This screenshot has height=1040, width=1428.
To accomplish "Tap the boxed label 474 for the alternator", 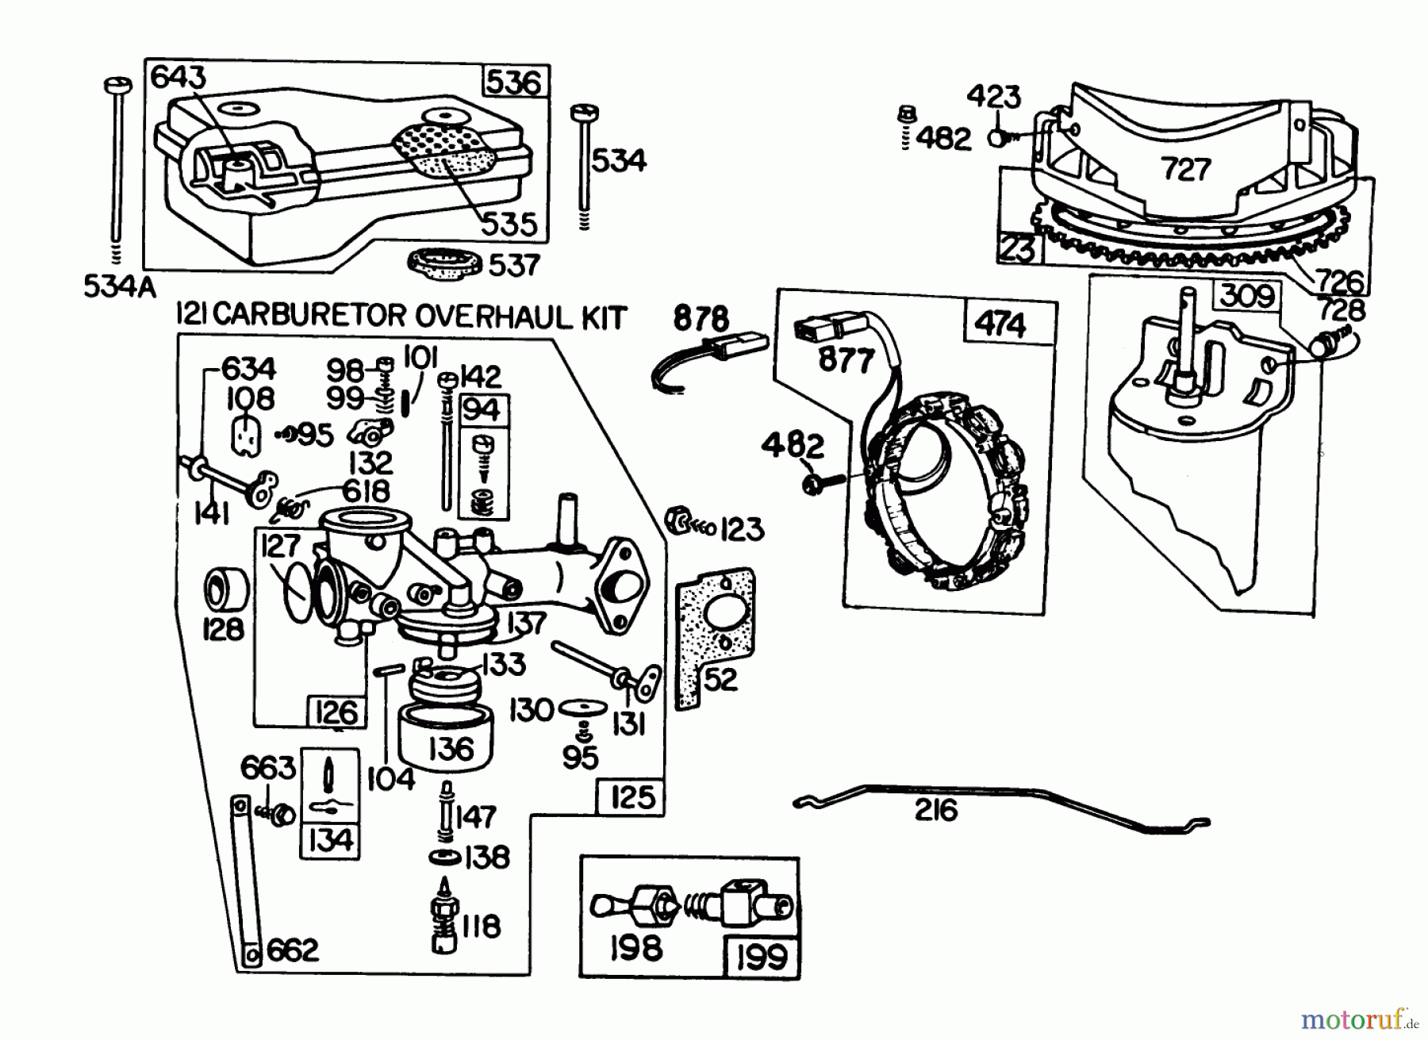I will tap(1000, 325).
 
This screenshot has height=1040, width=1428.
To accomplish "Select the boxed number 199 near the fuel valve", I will tap(760, 957).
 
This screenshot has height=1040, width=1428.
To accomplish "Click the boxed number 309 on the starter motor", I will tap(1247, 296).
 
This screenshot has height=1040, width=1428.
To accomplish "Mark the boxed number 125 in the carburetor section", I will tap(632, 796).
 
